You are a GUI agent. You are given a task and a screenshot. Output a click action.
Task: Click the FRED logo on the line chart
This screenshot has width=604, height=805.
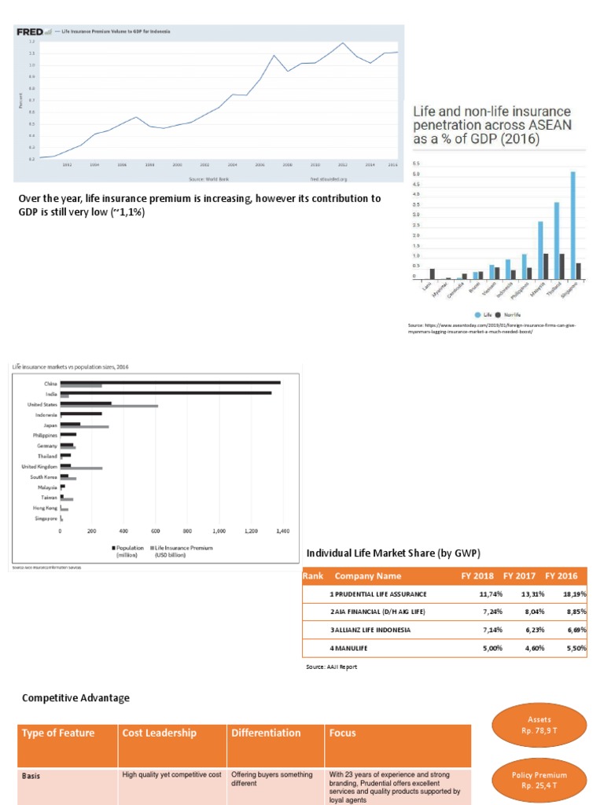click(29, 31)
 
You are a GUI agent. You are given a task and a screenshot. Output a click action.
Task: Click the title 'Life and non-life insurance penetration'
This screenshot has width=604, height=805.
click(492, 124)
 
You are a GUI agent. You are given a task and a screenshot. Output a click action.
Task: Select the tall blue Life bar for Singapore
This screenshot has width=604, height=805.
click(573, 225)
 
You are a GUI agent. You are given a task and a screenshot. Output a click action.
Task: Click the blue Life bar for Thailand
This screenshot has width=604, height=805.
click(556, 241)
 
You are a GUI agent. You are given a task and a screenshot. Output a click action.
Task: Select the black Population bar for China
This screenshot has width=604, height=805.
click(170, 383)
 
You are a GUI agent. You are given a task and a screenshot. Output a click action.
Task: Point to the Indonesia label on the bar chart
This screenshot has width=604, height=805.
click(46, 414)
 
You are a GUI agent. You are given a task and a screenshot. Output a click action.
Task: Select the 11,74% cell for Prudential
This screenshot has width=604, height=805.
click(489, 594)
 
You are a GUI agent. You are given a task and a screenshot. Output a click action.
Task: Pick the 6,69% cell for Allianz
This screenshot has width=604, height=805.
click(573, 630)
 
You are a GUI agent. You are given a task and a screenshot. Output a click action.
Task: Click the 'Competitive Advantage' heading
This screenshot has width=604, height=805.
click(75, 698)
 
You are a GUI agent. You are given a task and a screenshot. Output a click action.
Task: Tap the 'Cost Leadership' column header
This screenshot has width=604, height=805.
click(155, 733)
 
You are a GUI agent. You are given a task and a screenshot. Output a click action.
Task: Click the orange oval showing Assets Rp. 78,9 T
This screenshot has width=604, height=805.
click(540, 724)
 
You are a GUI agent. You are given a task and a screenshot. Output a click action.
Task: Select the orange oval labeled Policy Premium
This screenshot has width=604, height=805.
click(540, 780)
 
